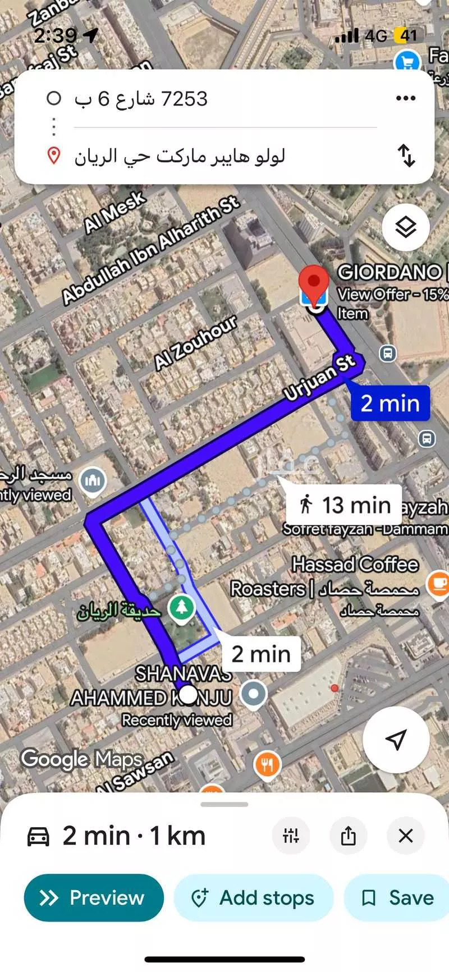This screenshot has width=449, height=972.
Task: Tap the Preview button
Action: [x=94, y=897]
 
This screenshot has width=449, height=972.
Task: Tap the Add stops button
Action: [x=254, y=897]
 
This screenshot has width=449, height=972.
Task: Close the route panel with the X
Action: [x=405, y=836]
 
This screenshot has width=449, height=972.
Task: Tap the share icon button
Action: [x=348, y=836]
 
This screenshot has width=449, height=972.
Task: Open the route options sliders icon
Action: [x=291, y=836]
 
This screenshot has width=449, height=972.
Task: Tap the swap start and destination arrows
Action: [x=406, y=155]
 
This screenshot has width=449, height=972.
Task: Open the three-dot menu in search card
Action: [x=405, y=98]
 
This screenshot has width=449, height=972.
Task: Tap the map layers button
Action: [x=405, y=227]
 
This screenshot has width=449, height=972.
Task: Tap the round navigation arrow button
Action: [x=396, y=740]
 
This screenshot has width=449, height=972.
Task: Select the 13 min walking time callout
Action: [x=343, y=505]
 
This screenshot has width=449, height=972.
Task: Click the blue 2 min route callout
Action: [x=390, y=403]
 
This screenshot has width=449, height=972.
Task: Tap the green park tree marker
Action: [x=181, y=607]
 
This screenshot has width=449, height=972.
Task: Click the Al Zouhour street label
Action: [x=196, y=343]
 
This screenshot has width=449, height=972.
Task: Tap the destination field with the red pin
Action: [x=180, y=156]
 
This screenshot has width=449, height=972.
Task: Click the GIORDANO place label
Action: [x=390, y=272]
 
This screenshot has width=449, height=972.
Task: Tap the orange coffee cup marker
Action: [x=438, y=584]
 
